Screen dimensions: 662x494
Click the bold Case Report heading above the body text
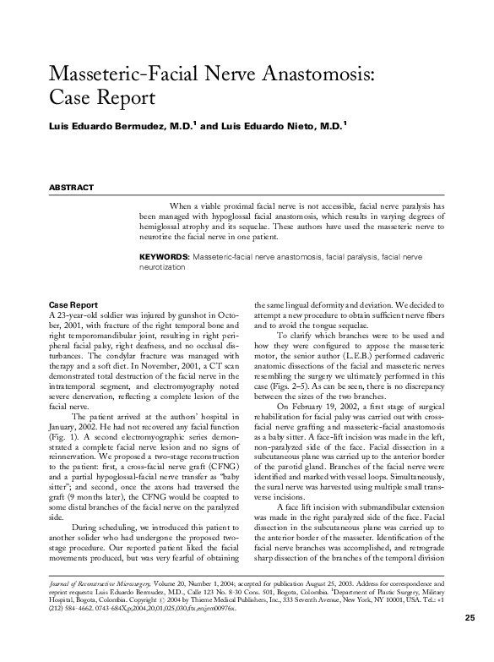(73, 304)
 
